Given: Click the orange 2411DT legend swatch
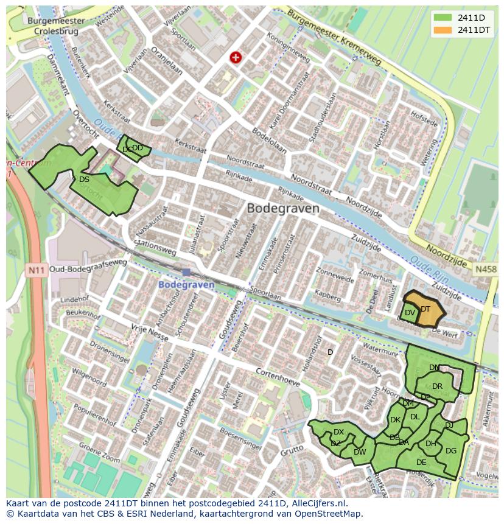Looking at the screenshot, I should (x=443, y=30).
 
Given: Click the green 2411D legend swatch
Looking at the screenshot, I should (x=443, y=18).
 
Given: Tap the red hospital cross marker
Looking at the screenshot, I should (x=236, y=57).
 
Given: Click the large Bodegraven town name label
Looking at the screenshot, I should (x=282, y=208).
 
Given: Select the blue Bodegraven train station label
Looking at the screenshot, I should (x=186, y=284).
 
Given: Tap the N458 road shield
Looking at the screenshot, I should (x=486, y=268).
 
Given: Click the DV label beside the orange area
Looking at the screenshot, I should (x=410, y=313).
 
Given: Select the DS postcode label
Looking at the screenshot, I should (x=84, y=180).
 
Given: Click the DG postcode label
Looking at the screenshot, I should (x=450, y=451).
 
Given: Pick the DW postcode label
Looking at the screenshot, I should (x=359, y=452).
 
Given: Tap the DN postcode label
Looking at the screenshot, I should (x=434, y=368).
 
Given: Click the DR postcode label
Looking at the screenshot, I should (x=437, y=386).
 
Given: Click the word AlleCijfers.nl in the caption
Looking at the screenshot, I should (x=317, y=503).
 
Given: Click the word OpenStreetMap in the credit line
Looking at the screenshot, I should (x=327, y=514).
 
